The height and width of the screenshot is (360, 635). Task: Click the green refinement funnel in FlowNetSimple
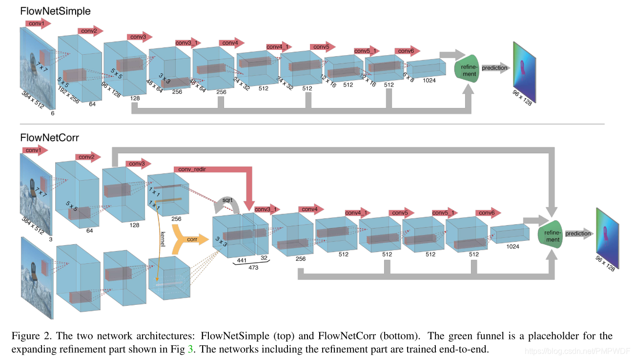tap(466, 69)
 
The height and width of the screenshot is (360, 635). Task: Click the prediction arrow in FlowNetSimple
tap(495, 68)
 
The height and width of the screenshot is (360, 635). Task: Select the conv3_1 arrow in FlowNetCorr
tap(266, 209)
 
